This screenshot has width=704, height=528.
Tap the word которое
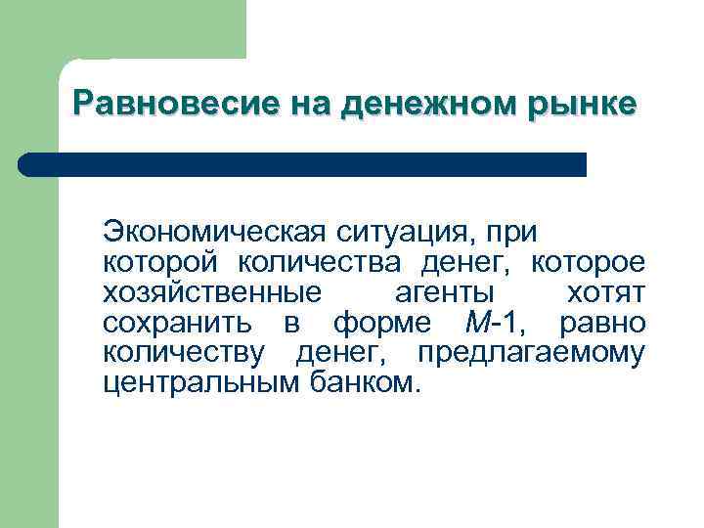(x=588, y=263)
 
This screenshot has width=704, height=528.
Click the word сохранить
(x=177, y=323)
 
